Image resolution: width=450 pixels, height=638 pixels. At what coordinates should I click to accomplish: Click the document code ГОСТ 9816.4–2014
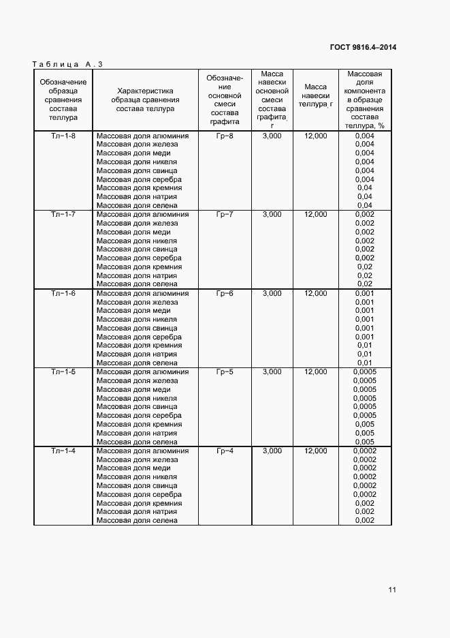click(364, 47)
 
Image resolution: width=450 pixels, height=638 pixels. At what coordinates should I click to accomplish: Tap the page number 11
click(392, 590)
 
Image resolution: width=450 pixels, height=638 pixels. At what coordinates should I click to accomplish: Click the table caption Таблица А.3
click(67, 64)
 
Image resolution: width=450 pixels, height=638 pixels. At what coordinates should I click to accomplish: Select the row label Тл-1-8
click(63, 136)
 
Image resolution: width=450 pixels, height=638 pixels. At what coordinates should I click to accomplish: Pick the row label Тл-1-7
click(63, 215)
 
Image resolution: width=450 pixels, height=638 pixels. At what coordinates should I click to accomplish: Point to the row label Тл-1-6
click(63, 293)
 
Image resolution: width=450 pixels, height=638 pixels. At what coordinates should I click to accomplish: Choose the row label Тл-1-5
click(63, 372)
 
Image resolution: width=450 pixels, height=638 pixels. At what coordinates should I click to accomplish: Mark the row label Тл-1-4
click(63, 451)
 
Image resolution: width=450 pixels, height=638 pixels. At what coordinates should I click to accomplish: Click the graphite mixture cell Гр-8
click(225, 136)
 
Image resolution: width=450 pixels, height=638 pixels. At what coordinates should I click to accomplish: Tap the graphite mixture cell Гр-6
click(225, 293)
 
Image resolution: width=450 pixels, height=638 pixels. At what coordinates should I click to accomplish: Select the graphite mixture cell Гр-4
click(225, 451)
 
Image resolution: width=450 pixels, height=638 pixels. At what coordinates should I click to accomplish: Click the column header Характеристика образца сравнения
click(145, 100)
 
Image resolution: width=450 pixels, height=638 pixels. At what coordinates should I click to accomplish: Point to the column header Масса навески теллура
click(316, 95)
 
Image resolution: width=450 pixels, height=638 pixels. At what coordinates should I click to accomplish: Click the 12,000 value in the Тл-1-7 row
click(316, 215)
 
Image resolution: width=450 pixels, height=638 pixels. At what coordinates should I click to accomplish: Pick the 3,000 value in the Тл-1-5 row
click(272, 372)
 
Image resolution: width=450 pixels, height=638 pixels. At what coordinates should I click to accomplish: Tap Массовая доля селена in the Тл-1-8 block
click(137, 205)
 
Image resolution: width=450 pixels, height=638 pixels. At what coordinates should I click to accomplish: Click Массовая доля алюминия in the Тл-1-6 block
click(142, 293)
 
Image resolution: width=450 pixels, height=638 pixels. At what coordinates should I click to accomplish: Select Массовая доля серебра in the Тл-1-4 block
click(139, 494)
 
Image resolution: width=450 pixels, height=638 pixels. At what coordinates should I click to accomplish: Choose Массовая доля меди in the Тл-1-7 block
click(133, 232)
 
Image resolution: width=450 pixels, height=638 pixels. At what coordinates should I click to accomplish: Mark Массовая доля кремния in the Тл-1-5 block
click(139, 424)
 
